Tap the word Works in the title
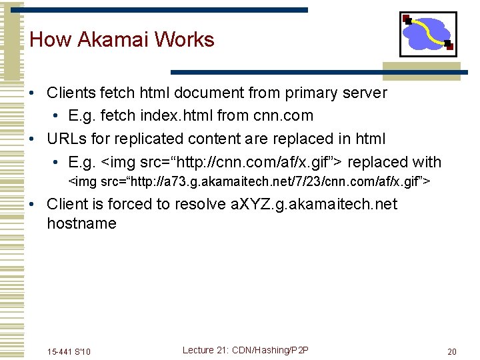click(x=184, y=39)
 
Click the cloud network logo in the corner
click(x=427, y=34)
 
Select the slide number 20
click(x=452, y=351)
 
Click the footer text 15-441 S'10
click(x=69, y=351)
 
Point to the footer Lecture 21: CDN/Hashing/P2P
click(x=245, y=350)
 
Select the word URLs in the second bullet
click(x=66, y=139)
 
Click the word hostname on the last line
click(x=81, y=223)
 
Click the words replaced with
click(x=395, y=162)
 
